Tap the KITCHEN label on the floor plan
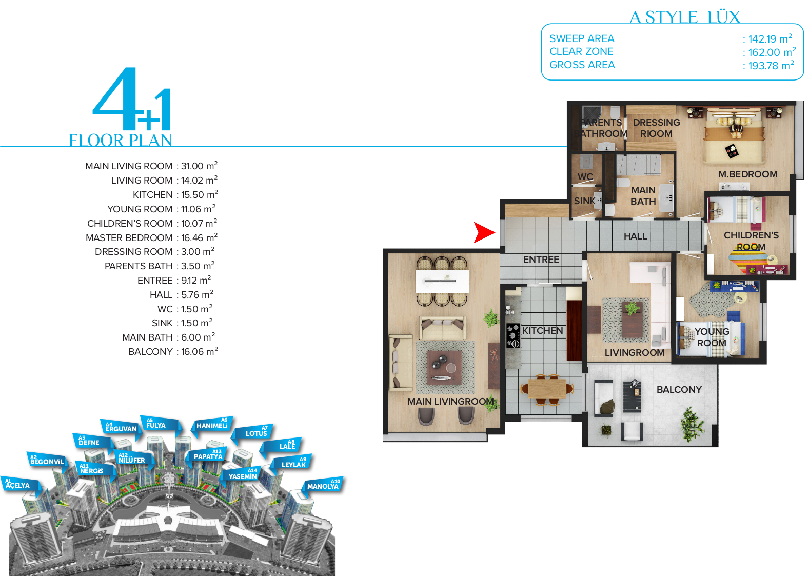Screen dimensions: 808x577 [x=543, y=331]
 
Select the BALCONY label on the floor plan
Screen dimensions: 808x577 [x=679, y=389]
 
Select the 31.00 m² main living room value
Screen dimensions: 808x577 [x=199, y=166]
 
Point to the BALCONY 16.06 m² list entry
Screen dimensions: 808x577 [x=173, y=351]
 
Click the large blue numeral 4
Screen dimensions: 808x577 [x=116, y=98]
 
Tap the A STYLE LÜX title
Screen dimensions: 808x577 [x=685, y=17]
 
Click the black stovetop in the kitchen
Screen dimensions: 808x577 [x=514, y=336]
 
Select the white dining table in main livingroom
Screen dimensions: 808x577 [x=442, y=281]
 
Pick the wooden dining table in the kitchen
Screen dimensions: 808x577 [x=547, y=388]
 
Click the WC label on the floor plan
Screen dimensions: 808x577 [x=585, y=177]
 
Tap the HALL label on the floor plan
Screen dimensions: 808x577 [x=635, y=236]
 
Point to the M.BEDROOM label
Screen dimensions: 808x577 [x=748, y=174]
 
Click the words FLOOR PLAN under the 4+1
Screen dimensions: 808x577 [x=120, y=141]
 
